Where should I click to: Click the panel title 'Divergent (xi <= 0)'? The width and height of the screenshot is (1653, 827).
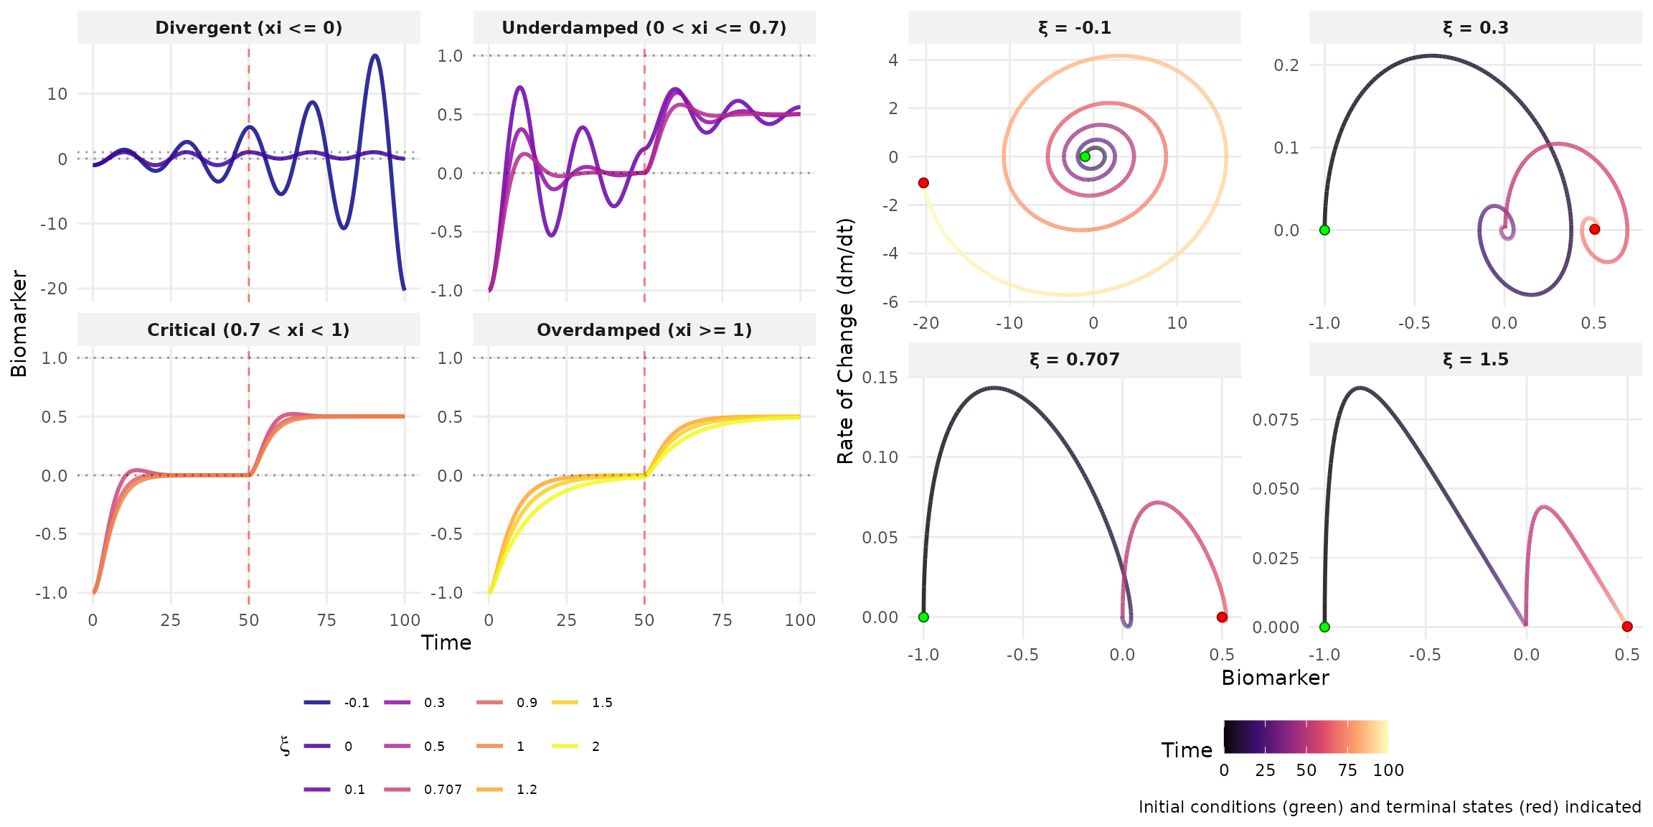(x=248, y=28)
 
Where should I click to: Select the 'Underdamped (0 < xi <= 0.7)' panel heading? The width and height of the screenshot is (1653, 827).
(x=644, y=28)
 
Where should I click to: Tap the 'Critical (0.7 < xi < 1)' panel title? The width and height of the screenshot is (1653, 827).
(x=248, y=330)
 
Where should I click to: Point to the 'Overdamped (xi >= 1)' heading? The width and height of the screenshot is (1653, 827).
(x=644, y=330)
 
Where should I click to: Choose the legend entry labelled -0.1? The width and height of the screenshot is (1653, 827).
(x=337, y=703)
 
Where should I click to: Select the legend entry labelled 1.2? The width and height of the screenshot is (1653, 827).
(x=510, y=790)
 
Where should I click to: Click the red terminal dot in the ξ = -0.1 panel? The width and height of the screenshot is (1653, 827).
(x=923, y=183)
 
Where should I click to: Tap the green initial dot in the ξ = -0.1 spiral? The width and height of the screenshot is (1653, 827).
(x=1085, y=156)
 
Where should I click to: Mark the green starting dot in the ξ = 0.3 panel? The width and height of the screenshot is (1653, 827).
(x=1324, y=230)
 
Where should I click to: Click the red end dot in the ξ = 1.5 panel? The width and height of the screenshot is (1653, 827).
(x=1627, y=627)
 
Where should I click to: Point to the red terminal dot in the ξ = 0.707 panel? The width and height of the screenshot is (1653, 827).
(x=1222, y=617)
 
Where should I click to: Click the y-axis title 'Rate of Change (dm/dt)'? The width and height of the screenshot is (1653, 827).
(x=846, y=341)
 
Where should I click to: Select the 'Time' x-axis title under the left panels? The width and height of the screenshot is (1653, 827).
(x=446, y=643)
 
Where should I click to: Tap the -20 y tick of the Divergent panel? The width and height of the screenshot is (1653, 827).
(x=54, y=289)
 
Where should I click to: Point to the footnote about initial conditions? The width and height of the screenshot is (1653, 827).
(x=1389, y=808)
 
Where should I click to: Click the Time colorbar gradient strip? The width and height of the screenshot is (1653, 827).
(x=1306, y=737)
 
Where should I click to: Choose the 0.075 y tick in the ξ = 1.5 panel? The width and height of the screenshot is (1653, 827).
(x=1275, y=420)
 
